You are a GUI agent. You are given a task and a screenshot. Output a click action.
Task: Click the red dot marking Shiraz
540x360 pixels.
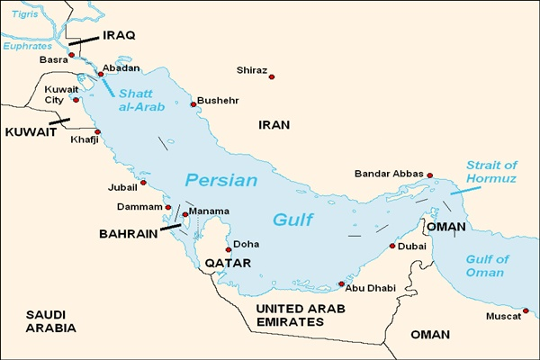(x=272, y=76)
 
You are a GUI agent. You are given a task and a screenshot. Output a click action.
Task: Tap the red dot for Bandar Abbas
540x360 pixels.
(x=430, y=175)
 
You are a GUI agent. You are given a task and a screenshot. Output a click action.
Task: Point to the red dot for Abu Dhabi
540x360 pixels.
(x=341, y=284)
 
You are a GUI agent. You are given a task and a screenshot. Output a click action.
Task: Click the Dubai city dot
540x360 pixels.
(x=392, y=246)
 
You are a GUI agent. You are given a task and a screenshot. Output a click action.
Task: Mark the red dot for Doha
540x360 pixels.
(x=229, y=249)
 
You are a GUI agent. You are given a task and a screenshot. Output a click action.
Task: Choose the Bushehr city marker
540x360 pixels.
(x=193, y=104)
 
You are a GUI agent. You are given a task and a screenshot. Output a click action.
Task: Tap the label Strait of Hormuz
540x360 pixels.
(x=491, y=171)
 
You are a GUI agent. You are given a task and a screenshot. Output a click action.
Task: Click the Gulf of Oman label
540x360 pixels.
(x=486, y=266)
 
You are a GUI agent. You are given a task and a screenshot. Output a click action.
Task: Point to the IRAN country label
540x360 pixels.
(x=274, y=125)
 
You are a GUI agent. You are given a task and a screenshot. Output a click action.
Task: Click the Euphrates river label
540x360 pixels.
(x=28, y=45)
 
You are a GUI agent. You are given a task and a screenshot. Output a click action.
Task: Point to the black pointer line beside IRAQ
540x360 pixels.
(x=87, y=40)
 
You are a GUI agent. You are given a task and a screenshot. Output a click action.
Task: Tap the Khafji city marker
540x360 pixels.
(x=98, y=132)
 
